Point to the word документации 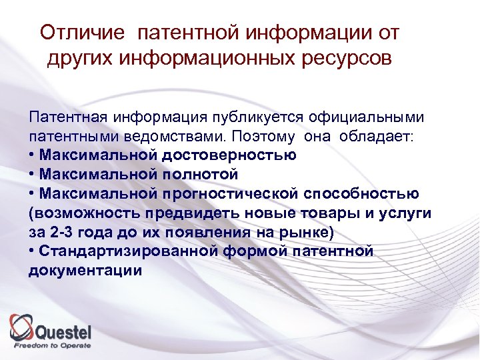[85, 271]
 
